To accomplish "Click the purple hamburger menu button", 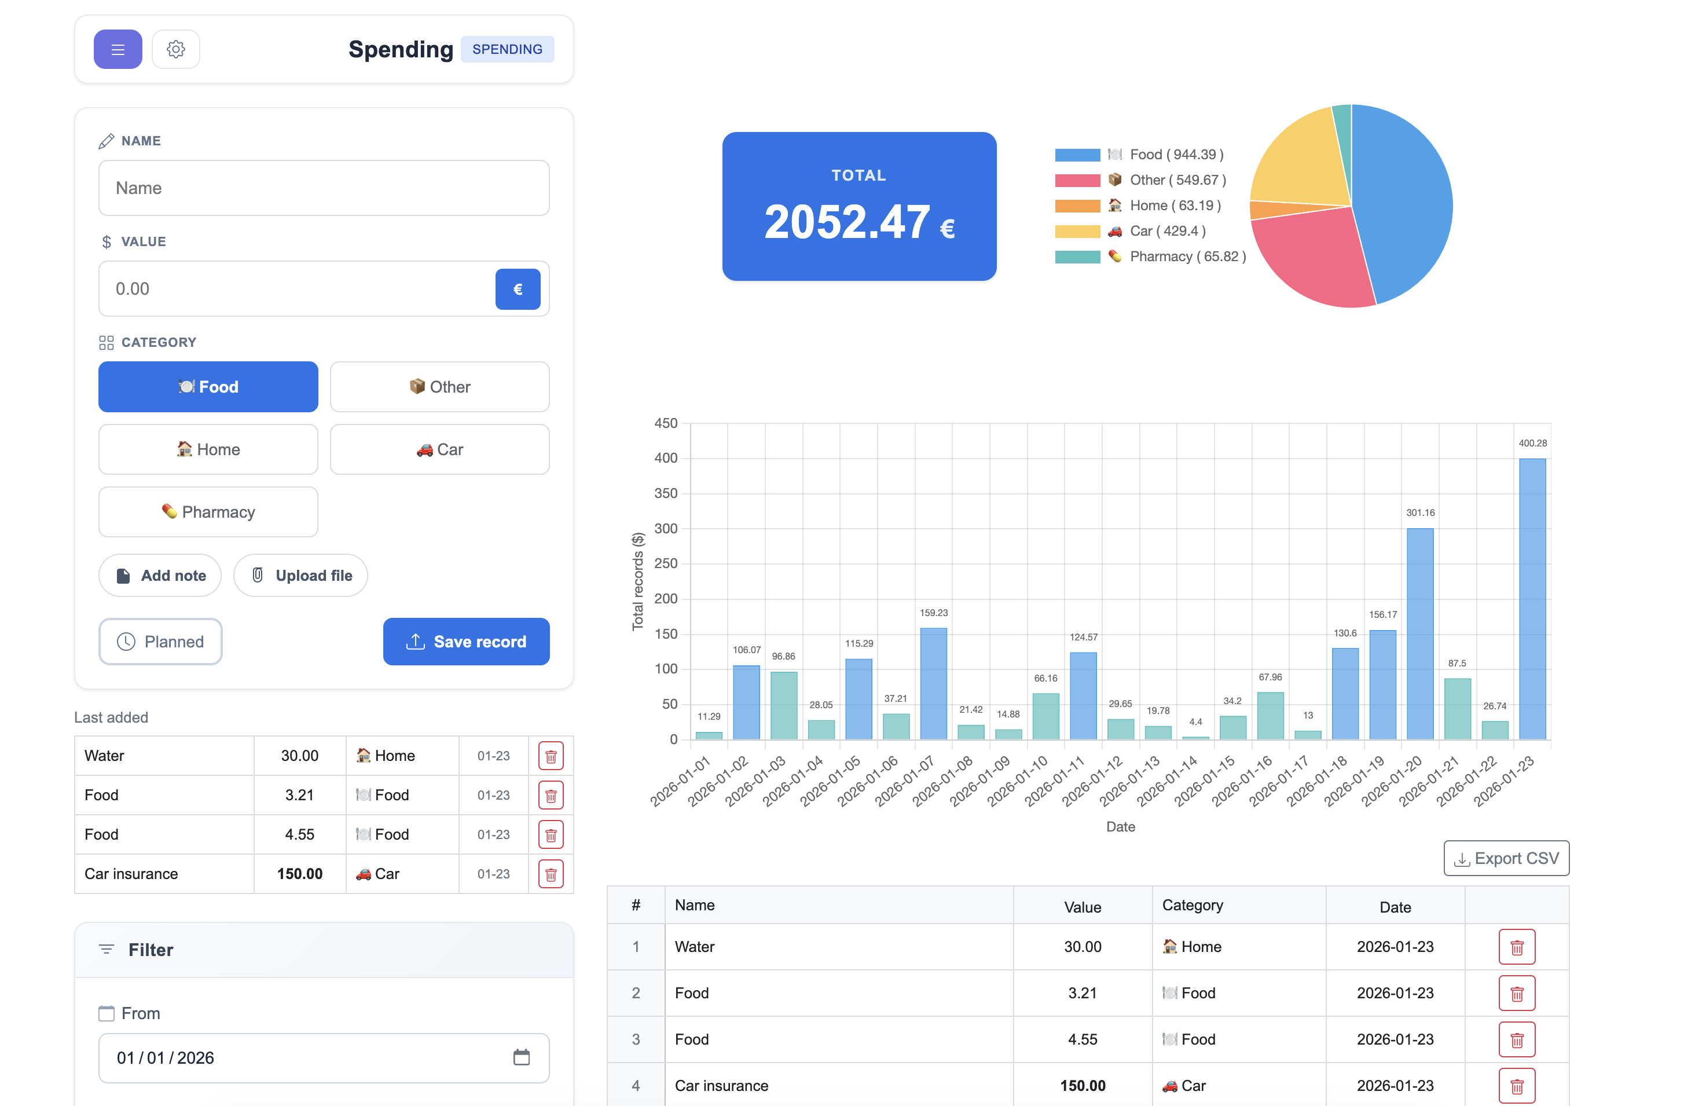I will click(118, 49).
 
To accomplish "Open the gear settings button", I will click(176, 49).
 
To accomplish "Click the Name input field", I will click(324, 188).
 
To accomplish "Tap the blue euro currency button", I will click(517, 289).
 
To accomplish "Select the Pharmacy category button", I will click(208, 512).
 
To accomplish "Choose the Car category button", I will click(439, 449).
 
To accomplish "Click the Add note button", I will click(160, 576).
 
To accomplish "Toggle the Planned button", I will click(160, 642).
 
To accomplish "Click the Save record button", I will click(466, 642).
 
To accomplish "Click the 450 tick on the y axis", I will click(666, 423).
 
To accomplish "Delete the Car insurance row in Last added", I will click(551, 874).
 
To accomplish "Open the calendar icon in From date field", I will click(522, 1057).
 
